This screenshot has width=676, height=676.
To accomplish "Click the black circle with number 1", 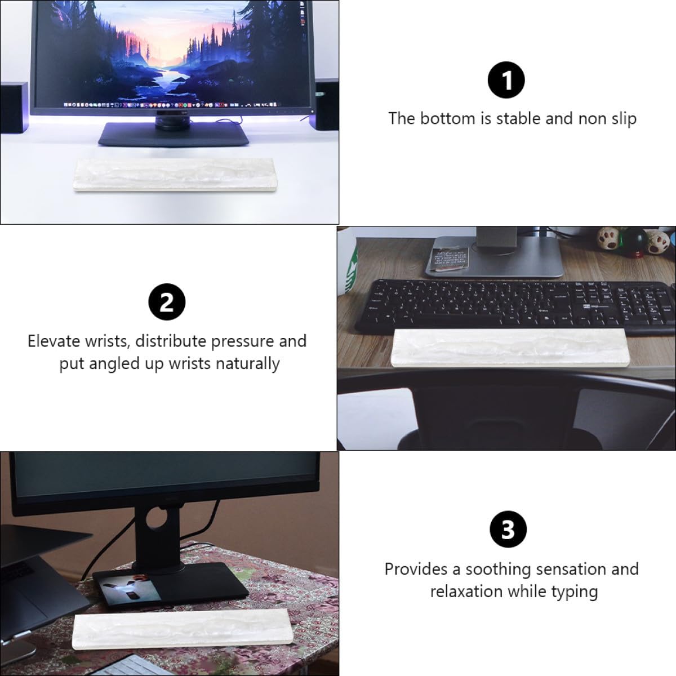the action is pyautogui.click(x=506, y=80).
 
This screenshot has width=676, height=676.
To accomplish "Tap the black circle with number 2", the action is pyautogui.click(x=167, y=302).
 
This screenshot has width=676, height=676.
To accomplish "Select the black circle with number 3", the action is pyautogui.click(x=508, y=530).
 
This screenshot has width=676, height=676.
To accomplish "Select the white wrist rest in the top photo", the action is pyautogui.click(x=175, y=174).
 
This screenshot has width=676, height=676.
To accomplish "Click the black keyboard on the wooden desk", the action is pyautogui.click(x=515, y=306).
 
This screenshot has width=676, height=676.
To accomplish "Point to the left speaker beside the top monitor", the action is pyautogui.click(x=14, y=108).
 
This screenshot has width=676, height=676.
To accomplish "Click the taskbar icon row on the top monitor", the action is pyautogui.click(x=170, y=105).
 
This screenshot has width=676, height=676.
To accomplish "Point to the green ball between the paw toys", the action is pyautogui.click(x=634, y=241).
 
